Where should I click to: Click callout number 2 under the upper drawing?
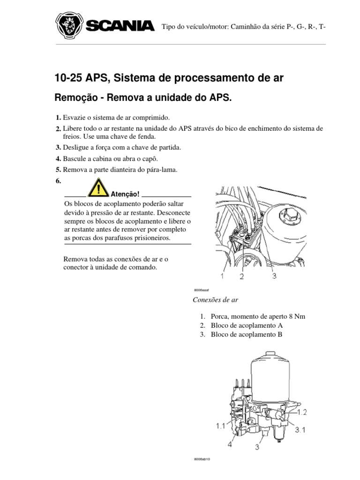click(242, 277)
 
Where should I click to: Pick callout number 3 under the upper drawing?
click(274, 276)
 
